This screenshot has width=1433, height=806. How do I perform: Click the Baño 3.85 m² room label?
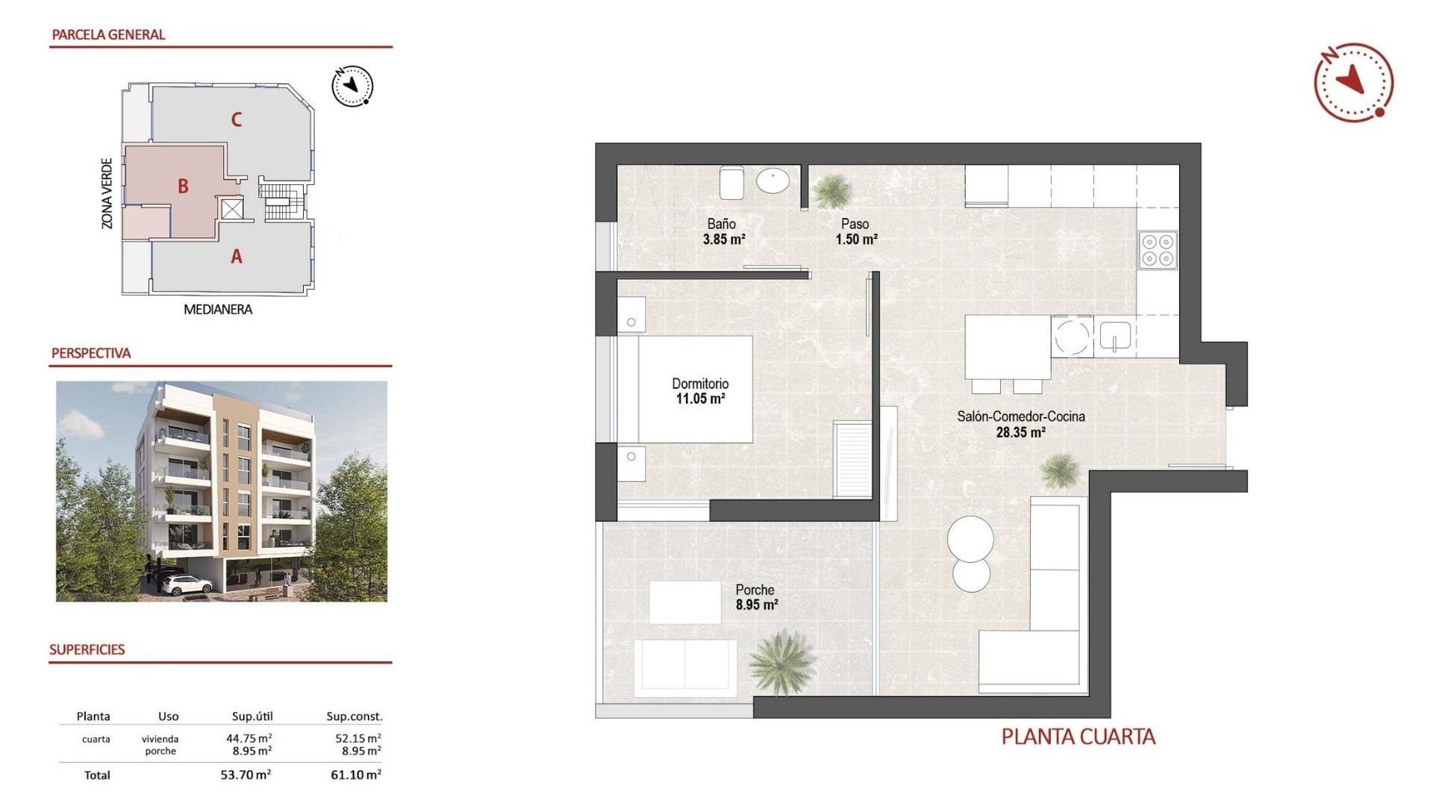[722, 231]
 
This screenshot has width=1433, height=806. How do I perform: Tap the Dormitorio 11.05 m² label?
[700, 391]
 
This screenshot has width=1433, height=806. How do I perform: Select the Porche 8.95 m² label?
[756, 597]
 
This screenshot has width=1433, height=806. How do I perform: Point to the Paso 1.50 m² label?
[855, 231]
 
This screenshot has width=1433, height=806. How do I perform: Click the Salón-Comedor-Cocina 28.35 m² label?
[1020, 424]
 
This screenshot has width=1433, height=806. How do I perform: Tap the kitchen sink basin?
[1115, 335]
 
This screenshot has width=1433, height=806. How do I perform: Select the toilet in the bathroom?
[731, 182]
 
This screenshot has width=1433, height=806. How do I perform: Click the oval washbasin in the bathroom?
[773, 181]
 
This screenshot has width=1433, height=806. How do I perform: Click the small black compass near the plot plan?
[352, 87]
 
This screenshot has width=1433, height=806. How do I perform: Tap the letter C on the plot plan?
[237, 119]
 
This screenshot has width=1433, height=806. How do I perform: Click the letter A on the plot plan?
[237, 257]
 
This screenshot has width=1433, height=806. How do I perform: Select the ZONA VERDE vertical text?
[107, 193]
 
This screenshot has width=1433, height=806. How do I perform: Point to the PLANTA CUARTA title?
[1078, 737]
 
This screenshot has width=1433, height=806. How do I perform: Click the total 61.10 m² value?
[355, 775]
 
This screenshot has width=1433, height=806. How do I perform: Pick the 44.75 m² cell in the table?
[249, 738]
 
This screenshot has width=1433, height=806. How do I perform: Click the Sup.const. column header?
[354, 716]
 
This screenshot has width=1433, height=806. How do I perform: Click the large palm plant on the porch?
[781, 661]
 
